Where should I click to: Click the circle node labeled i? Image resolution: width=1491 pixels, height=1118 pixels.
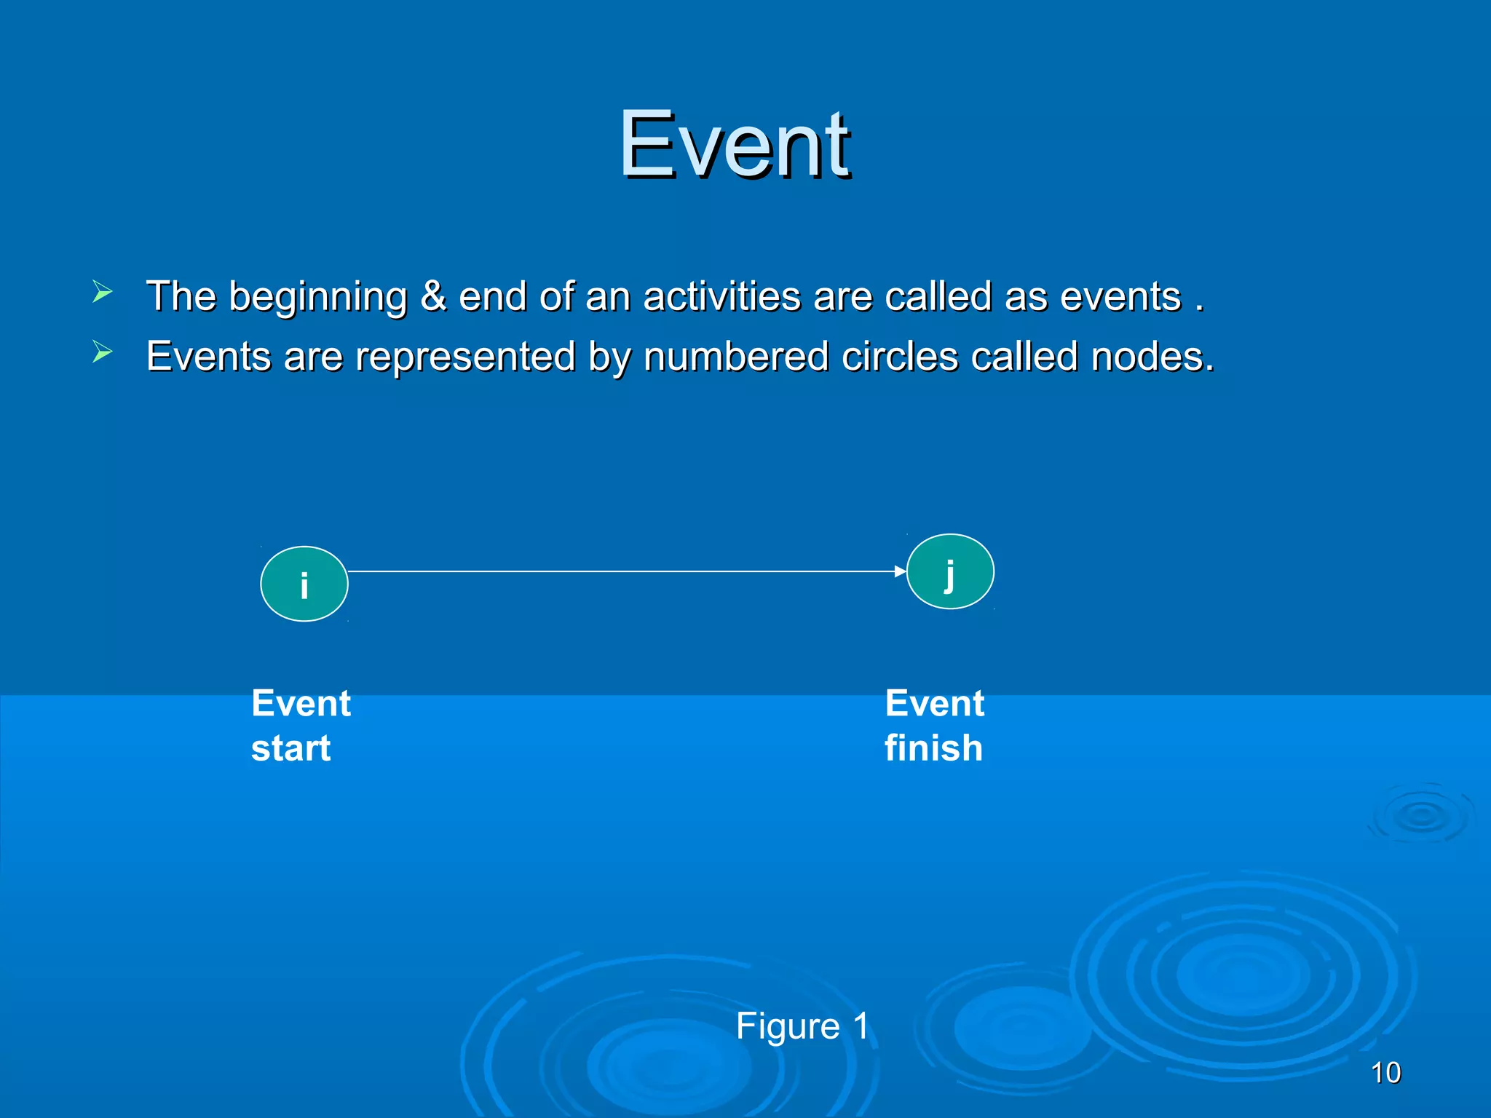coord(304,584)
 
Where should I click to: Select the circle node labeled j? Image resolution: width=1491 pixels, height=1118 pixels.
coord(949,571)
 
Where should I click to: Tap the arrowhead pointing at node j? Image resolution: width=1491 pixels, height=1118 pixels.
coord(901,572)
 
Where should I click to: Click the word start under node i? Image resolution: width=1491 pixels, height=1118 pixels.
coord(290,749)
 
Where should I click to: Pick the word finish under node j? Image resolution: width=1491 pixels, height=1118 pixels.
coord(933,748)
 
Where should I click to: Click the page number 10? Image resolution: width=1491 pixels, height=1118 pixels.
coord(1385,1073)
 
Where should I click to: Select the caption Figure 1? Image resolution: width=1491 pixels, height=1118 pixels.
coord(802,1026)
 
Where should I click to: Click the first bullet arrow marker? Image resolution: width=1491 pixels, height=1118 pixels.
coord(102,293)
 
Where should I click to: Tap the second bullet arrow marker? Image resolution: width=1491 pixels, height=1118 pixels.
coord(102,353)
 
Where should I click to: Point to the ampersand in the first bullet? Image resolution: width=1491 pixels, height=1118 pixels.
coord(432,296)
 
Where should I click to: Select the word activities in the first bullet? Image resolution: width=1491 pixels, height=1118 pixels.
coord(721,296)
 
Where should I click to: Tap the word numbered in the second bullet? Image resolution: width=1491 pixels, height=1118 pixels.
coord(735,357)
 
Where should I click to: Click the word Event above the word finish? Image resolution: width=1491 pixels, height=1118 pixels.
coord(934,704)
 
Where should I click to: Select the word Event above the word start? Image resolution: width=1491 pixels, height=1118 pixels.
coord(301,704)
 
